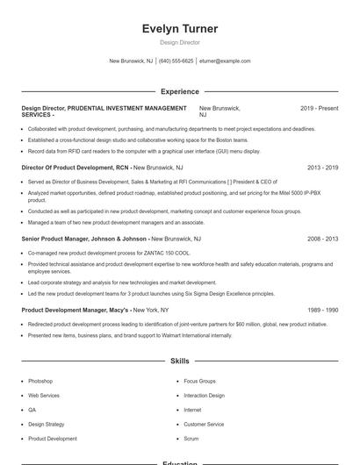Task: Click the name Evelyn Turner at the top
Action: click(x=180, y=29)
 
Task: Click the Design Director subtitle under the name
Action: click(x=180, y=42)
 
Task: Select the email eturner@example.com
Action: click(x=226, y=61)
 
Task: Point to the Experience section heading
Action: click(x=180, y=91)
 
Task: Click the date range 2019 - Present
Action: click(x=319, y=108)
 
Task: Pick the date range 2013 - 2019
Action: click(x=322, y=167)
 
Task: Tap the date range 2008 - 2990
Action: click(x=322, y=239)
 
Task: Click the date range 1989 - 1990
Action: click(x=322, y=310)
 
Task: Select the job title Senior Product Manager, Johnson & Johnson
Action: click(x=83, y=239)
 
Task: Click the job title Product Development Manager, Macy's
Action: click(x=76, y=310)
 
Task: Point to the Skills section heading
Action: click(x=180, y=361)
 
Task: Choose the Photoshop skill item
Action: click(x=40, y=382)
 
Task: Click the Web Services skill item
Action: click(x=44, y=396)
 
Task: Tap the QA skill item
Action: click(x=32, y=410)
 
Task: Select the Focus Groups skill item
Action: click(x=199, y=382)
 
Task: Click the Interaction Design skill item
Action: click(x=204, y=396)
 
